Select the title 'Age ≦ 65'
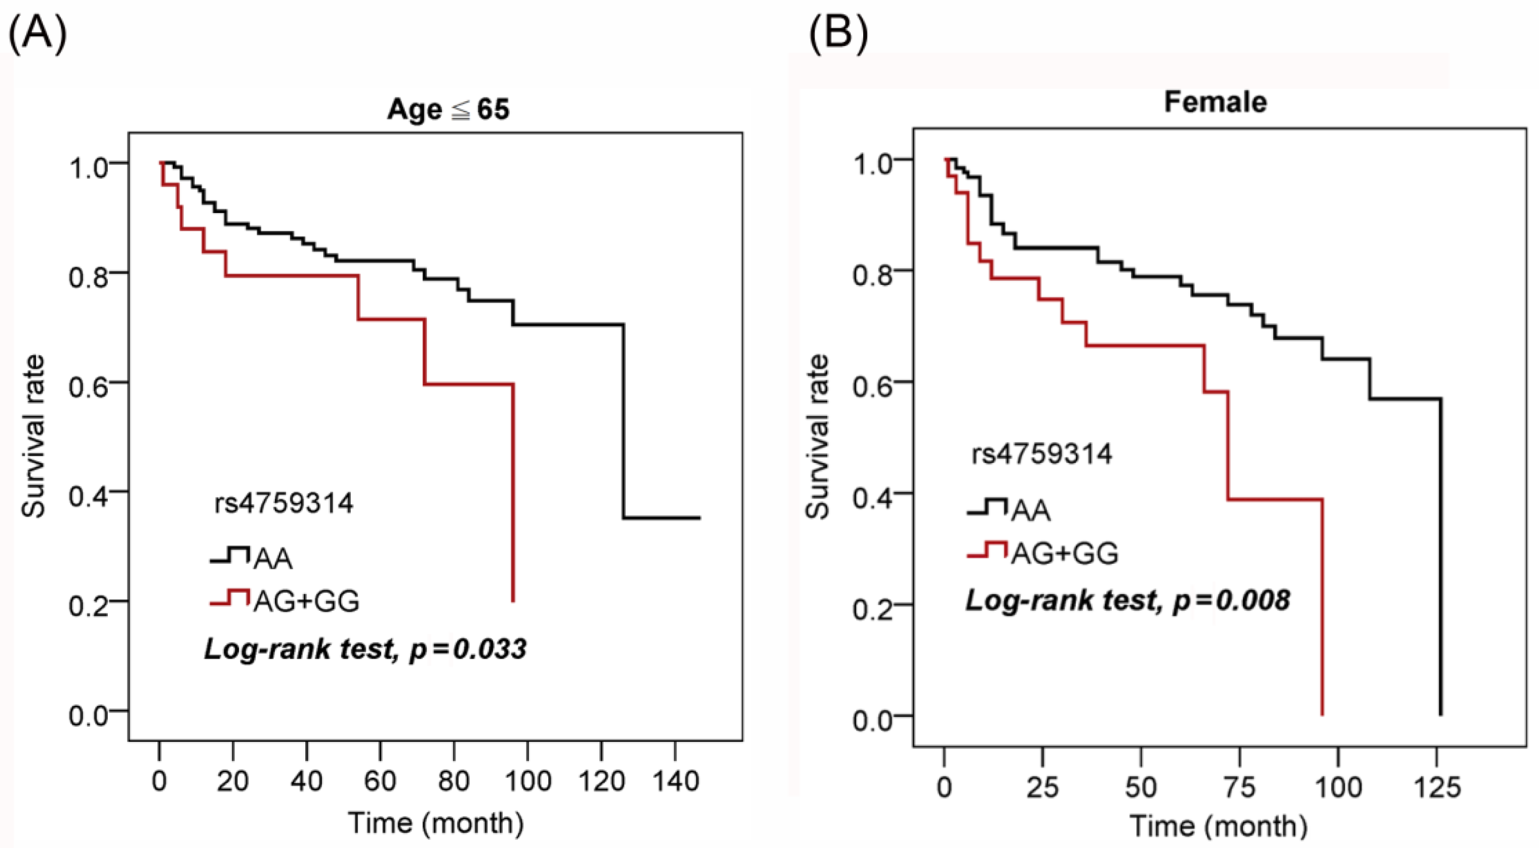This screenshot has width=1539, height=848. (448, 109)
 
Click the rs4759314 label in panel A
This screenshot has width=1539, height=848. (284, 503)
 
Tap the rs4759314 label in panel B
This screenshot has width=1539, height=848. (1042, 453)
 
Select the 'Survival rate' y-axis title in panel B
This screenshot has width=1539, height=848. (817, 437)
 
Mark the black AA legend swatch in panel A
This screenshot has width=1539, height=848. (229, 555)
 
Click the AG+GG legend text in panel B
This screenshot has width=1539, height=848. (1065, 554)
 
